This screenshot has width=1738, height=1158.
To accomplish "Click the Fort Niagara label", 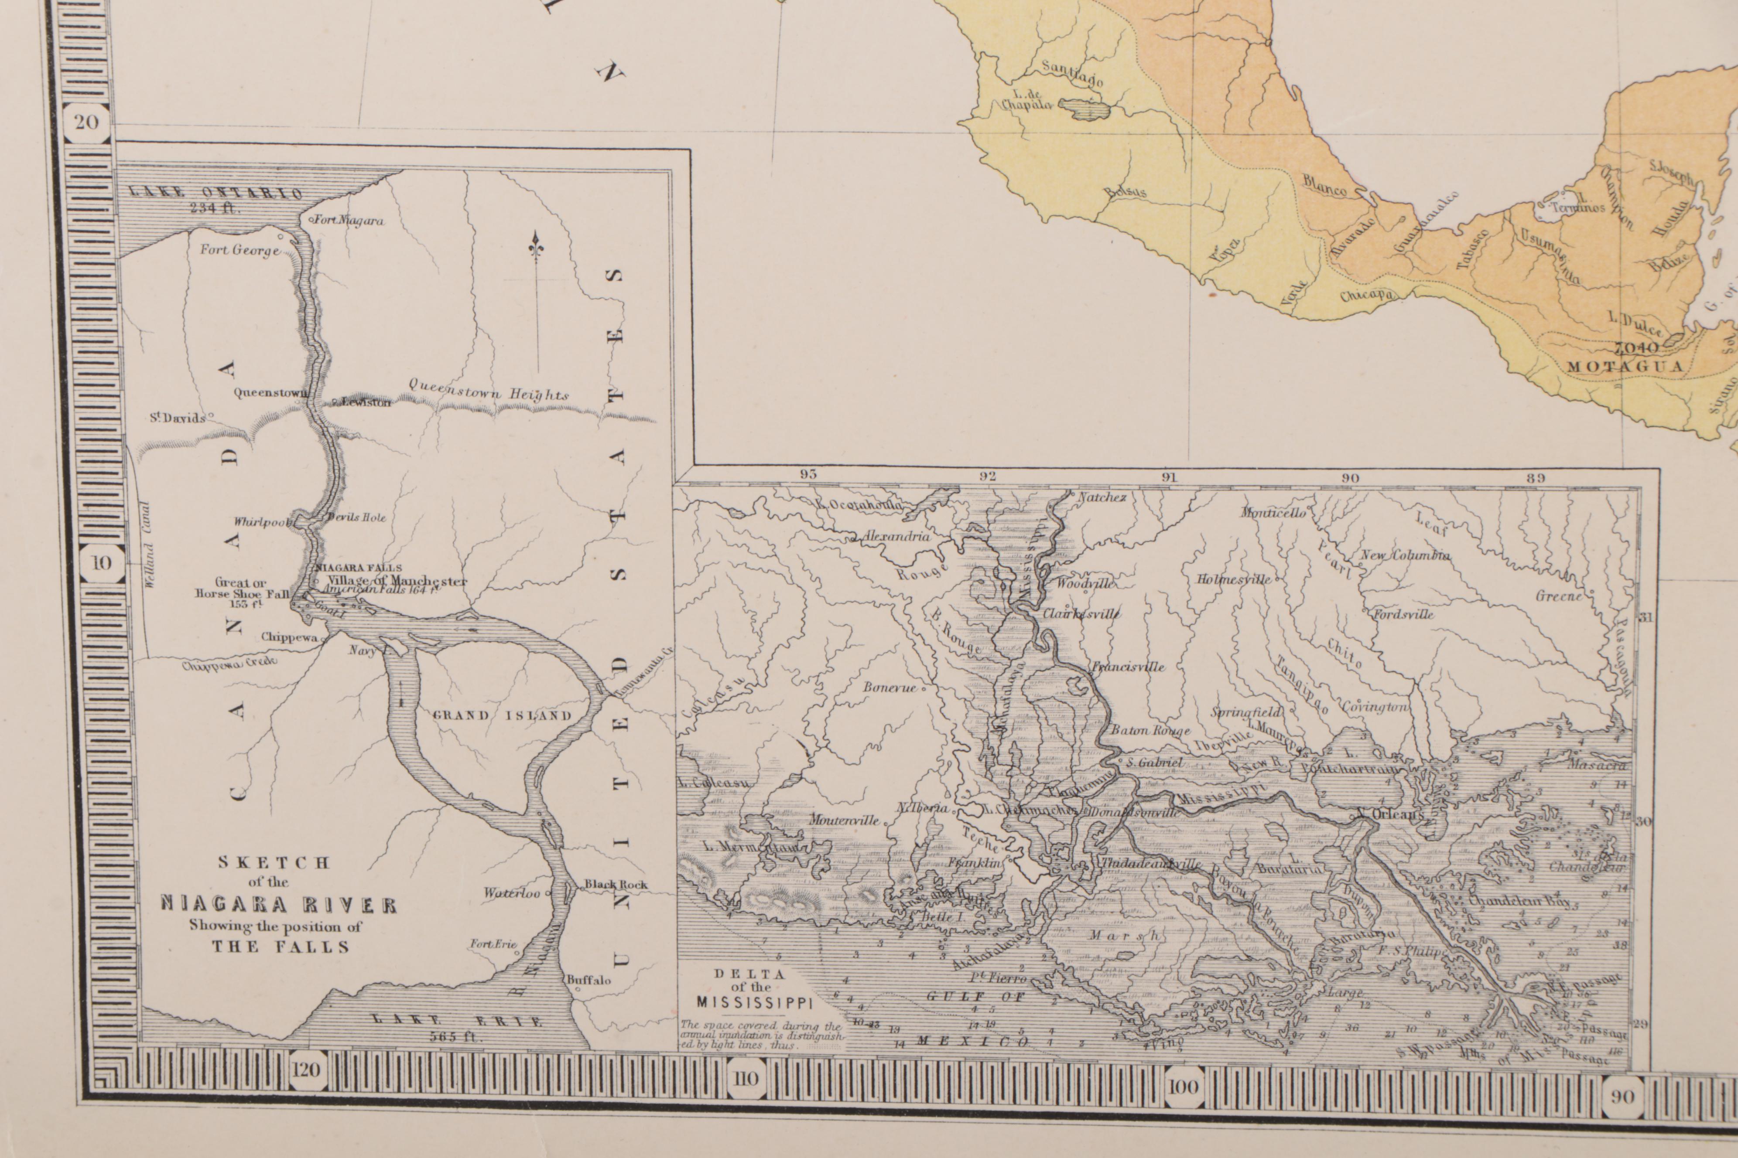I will click(x=349, y=221).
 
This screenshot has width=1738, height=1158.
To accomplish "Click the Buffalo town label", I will click(x=589, y=980).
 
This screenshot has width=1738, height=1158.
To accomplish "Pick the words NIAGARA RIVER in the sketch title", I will click(x=279, y=905).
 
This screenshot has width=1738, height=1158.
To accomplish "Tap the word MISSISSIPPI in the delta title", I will click(x=754, y=1003).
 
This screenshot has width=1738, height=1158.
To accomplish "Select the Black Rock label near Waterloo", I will click(x=616, y=884).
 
